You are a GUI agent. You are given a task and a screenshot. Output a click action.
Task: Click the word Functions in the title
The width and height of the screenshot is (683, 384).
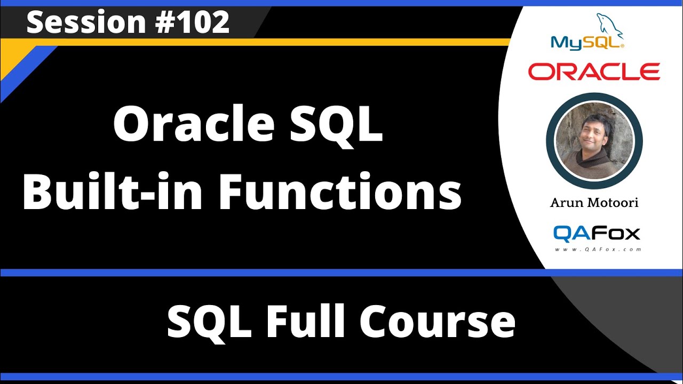[340, 193]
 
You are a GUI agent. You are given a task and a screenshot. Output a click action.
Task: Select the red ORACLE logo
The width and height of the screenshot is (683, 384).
[594, 71]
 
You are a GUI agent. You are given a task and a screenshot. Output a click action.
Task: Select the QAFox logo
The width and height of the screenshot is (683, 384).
[596, 233]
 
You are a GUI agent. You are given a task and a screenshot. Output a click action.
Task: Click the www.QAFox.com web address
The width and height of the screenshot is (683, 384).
[597, 249]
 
